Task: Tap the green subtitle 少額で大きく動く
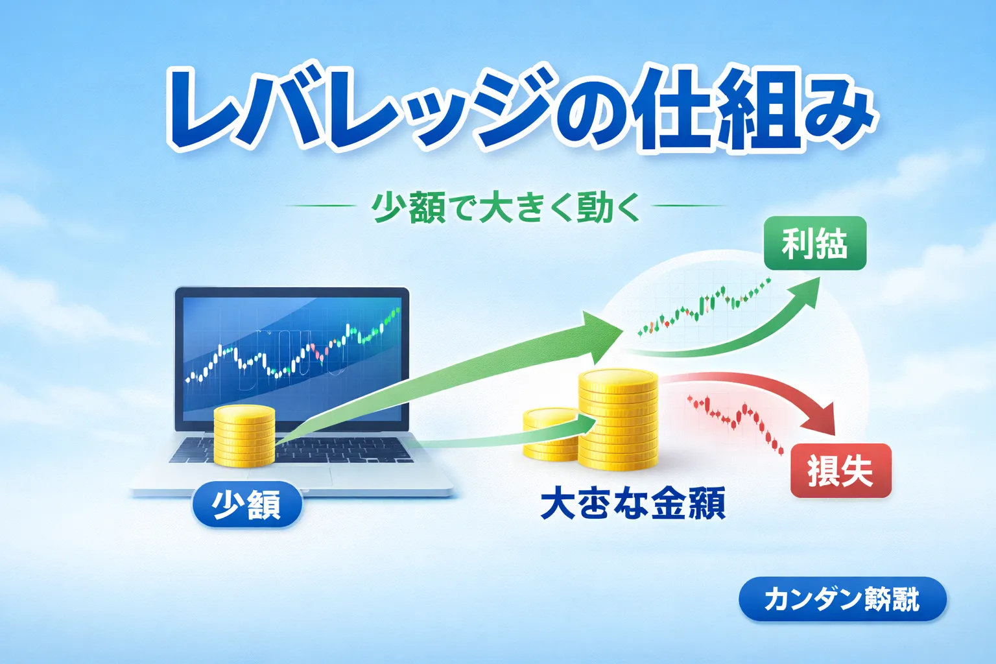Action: (x=506, y=207)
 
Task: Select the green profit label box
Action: (x=814, y=243)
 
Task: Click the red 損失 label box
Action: (x=840, y=471)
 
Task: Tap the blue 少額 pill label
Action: (x=247, y=504)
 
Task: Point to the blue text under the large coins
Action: (x=632, y=504)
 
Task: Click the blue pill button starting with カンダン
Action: (x=842, y=599)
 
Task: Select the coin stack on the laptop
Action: (x=244, y=436)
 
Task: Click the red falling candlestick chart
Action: (x=736, y=421)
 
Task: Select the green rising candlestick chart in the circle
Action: (x=704, y=308)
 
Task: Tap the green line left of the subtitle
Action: (x=320, y=206)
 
